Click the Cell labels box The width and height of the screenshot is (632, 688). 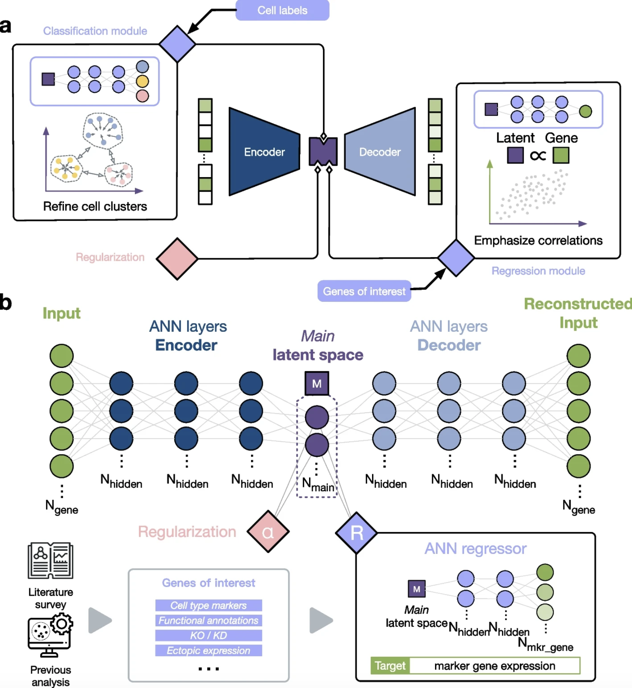(282, 10)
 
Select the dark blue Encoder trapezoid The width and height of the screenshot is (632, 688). (264, 151)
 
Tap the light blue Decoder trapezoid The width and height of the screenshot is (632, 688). (380, 151)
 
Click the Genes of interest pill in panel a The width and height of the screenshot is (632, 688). (364, 291)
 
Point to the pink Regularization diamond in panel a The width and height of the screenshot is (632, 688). (177, 259)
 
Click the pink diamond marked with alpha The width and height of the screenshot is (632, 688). (268, 532)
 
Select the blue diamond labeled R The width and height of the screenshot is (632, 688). (357, 532)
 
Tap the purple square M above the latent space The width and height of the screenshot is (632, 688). (317, 383)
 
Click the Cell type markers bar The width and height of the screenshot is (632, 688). (208, 605)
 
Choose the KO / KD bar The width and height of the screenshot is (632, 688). (208, 635)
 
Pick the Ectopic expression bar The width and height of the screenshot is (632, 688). (208, 650)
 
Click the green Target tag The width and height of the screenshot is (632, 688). (390, 666)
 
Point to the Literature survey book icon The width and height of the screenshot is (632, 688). (50, 560)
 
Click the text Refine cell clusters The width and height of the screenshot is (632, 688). (95, 206)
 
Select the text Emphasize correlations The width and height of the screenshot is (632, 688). (538, 240)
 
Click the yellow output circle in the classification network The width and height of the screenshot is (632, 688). (142, 81)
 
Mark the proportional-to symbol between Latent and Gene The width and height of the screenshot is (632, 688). (538, 155)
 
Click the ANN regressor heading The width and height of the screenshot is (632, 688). (475, 549)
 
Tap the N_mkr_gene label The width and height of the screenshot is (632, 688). (545, 645)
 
